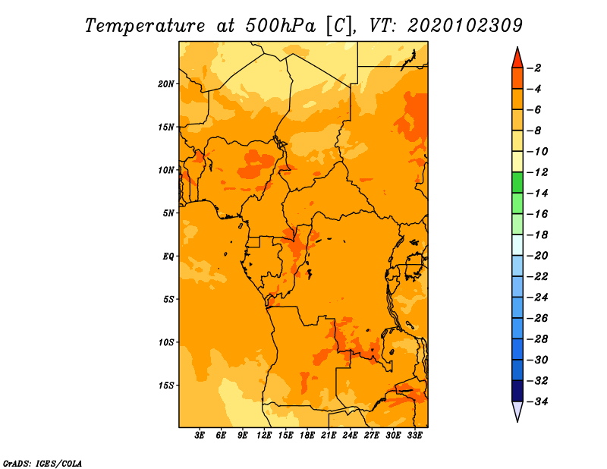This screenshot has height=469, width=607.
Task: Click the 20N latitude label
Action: [165, 84]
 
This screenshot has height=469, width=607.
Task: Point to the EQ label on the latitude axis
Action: [168, 257]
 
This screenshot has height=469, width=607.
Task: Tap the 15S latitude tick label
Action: [165, 386]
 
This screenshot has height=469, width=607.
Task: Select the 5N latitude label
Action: [168, 213]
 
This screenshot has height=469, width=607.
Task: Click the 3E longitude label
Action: [200, 436]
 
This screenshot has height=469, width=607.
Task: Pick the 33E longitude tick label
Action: [414, 436]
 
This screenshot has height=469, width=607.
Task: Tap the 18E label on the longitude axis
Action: [307, 436]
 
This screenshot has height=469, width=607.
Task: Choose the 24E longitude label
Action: [350, 436]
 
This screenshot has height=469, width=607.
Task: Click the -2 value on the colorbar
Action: [534, 68]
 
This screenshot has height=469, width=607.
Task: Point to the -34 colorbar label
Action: [537, 401]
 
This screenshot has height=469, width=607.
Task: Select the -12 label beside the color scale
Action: [537, 172]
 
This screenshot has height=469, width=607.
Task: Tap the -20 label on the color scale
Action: [537, 256]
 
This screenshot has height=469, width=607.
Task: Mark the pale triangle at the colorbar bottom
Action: [517, 410]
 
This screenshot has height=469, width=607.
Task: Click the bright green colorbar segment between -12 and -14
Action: [517, 183]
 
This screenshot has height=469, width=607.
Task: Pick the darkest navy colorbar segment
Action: [517, 391]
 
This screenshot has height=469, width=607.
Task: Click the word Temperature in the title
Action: [145, 26]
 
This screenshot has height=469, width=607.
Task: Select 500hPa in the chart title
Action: [281, 26]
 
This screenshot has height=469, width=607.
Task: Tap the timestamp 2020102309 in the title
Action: [465, 26]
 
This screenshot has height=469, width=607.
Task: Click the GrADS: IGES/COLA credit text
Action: [42, 464]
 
